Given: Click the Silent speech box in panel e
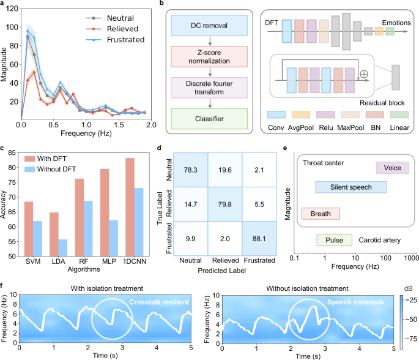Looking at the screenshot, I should [350, 187].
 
